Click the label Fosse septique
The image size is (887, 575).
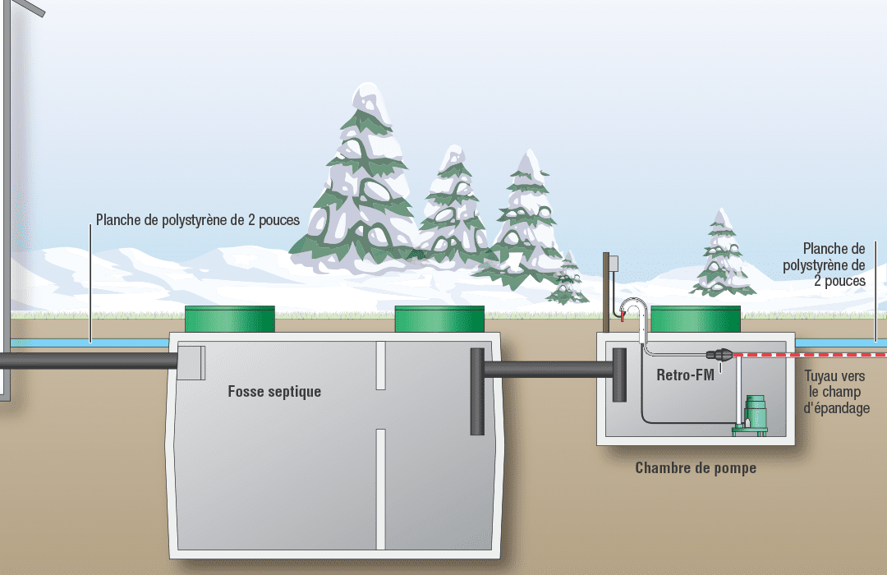pyautogui.click(x=274, y=392)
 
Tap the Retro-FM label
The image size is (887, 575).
pyautogui.click(x=685, y=375)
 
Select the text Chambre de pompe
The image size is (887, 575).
pyautogui.click(x=696, y=468)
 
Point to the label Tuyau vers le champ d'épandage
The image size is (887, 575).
pyautogui.click(x=836, y=392)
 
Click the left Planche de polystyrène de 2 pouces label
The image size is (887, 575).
pyautogui.click(x=197, y=220)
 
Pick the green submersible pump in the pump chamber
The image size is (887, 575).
pyautogui.click(x=751, y=416)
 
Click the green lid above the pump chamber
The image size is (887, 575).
pyautogui.click(x=696, y=320)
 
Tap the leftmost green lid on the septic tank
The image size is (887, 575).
pyautogui.click(x=230, y=320)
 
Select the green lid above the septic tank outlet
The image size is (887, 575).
pyautogui.click(x=439, y=320)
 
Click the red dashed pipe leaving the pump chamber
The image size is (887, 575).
pyautogui.click(x=810, y=355)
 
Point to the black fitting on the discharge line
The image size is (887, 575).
pyautogui.click(x=719, y=355)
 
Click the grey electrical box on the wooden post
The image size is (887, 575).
pyautogui.click(x=614, y=263)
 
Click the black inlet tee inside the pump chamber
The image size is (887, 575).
pyautogui.click(x=619, y=375)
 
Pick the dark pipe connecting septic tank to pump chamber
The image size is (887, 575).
pyautogui.click(x=549, y=370)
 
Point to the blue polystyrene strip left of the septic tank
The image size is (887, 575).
pyautogui.click(x=90, y=343)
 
